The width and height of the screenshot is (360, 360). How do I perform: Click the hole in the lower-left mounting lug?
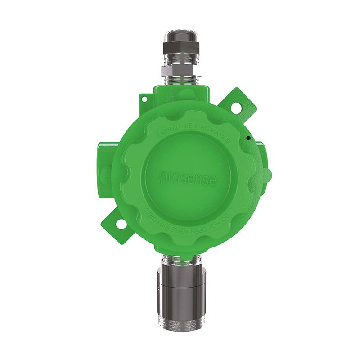pyautogui.click(x=120, y=223)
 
